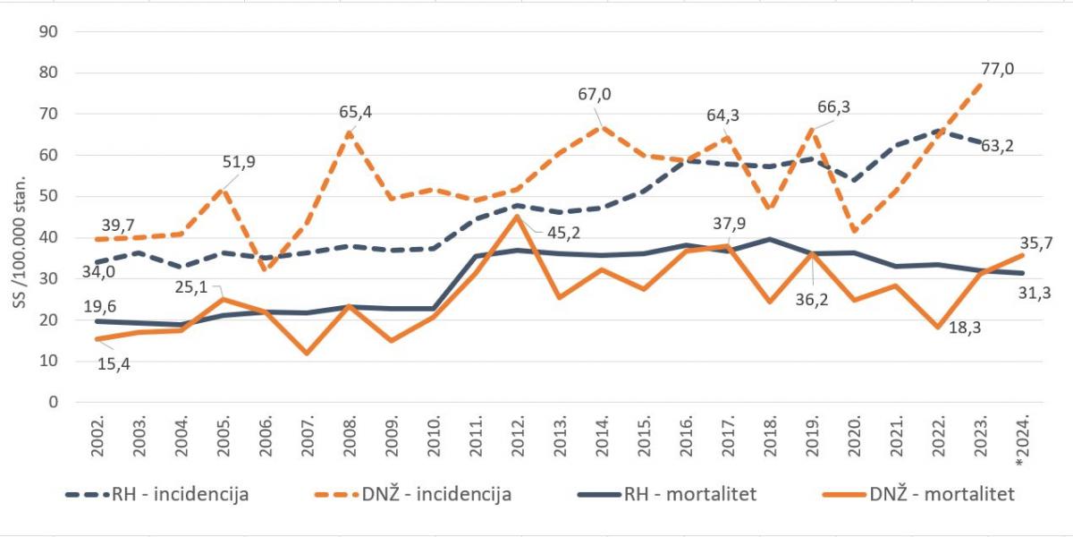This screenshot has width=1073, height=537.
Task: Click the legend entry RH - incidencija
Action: (156, 494)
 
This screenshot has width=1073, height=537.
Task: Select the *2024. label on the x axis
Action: (1025, 439)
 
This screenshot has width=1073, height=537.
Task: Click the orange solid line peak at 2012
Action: (520, 217)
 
